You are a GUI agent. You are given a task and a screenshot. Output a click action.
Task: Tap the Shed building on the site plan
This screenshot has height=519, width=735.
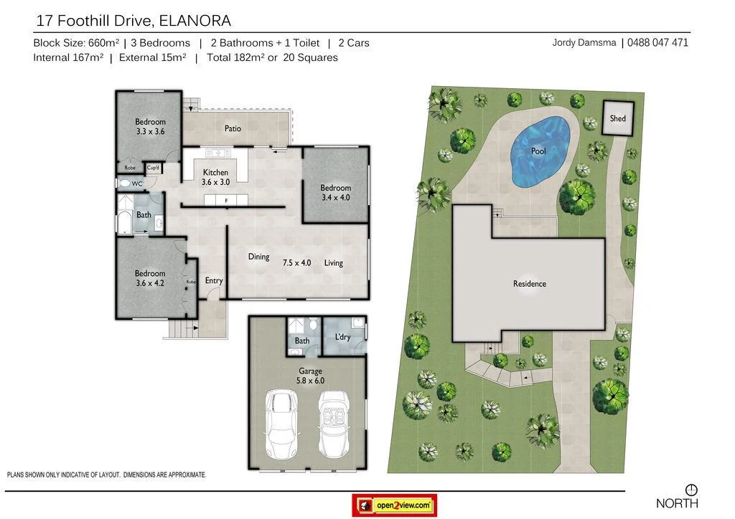(617, 118)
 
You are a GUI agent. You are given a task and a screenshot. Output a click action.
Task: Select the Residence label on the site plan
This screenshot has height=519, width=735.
(529, 284)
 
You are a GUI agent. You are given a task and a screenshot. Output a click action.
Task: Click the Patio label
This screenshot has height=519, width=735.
(233, 129)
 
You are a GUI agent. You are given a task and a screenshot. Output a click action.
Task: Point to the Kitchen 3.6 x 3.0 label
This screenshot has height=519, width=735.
(215, 177)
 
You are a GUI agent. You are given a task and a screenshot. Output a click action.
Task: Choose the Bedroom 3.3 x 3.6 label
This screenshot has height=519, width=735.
(150, 127)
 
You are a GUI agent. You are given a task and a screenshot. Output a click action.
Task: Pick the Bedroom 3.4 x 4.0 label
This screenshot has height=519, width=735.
(335, 193)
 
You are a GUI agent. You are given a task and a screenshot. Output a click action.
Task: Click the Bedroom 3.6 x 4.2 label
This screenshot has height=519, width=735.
(150, 278)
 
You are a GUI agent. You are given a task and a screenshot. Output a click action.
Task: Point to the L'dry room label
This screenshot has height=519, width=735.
(342, 337)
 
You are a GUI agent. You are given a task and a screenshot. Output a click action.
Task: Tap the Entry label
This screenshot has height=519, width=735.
(214, 280)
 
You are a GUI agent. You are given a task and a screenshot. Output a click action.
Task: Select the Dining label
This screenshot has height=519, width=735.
(258, 257)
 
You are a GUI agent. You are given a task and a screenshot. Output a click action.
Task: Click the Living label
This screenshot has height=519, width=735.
(333, 263)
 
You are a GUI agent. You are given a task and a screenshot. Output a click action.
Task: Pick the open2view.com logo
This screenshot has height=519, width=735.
(395, 505)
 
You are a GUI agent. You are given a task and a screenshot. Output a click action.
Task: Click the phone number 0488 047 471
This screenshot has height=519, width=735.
(657, 42)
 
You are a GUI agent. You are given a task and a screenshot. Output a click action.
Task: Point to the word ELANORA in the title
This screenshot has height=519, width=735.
(192, 22)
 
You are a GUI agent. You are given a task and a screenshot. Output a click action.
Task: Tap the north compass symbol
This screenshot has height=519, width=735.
(691, 490)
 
